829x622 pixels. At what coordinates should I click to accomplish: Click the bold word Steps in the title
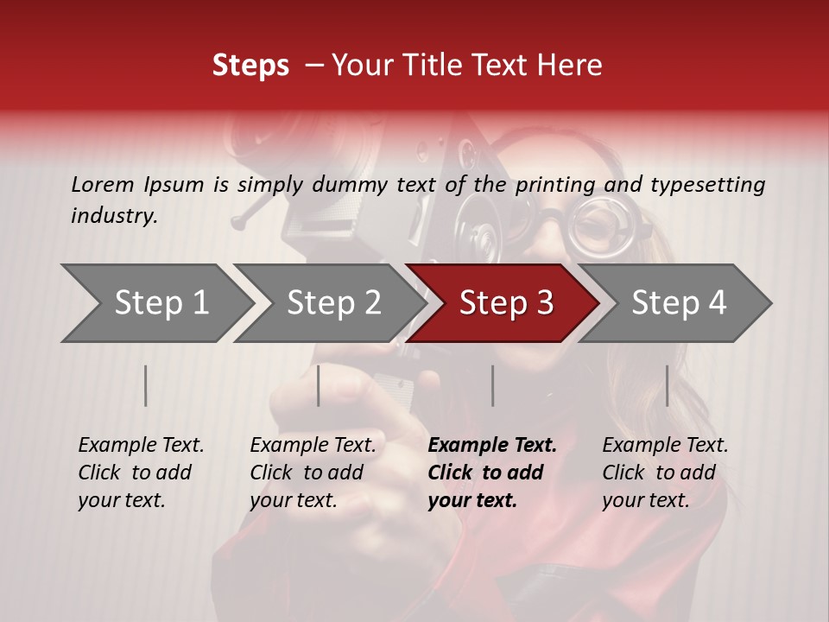(x=250, y=66)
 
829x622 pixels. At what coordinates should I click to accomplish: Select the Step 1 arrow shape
(x=155, y=303)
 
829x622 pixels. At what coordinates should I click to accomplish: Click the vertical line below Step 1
(x=146, y=385)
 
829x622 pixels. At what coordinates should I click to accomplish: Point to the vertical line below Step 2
(x=319, y=385)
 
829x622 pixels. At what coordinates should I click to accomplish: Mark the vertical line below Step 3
(x=492, y=385)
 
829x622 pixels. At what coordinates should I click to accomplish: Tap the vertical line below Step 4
(x=667, y=385)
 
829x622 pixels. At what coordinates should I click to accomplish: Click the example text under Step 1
(x=141, y=473)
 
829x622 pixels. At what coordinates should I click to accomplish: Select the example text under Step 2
(x=313, y=473)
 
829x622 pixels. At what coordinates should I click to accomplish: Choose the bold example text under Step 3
(x=491, y=473)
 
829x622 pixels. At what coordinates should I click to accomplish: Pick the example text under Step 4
(x=665, y=473)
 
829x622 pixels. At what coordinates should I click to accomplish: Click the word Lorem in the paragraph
(x=102, y=184)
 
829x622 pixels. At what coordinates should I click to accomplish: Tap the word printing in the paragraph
(x=555, y=185)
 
